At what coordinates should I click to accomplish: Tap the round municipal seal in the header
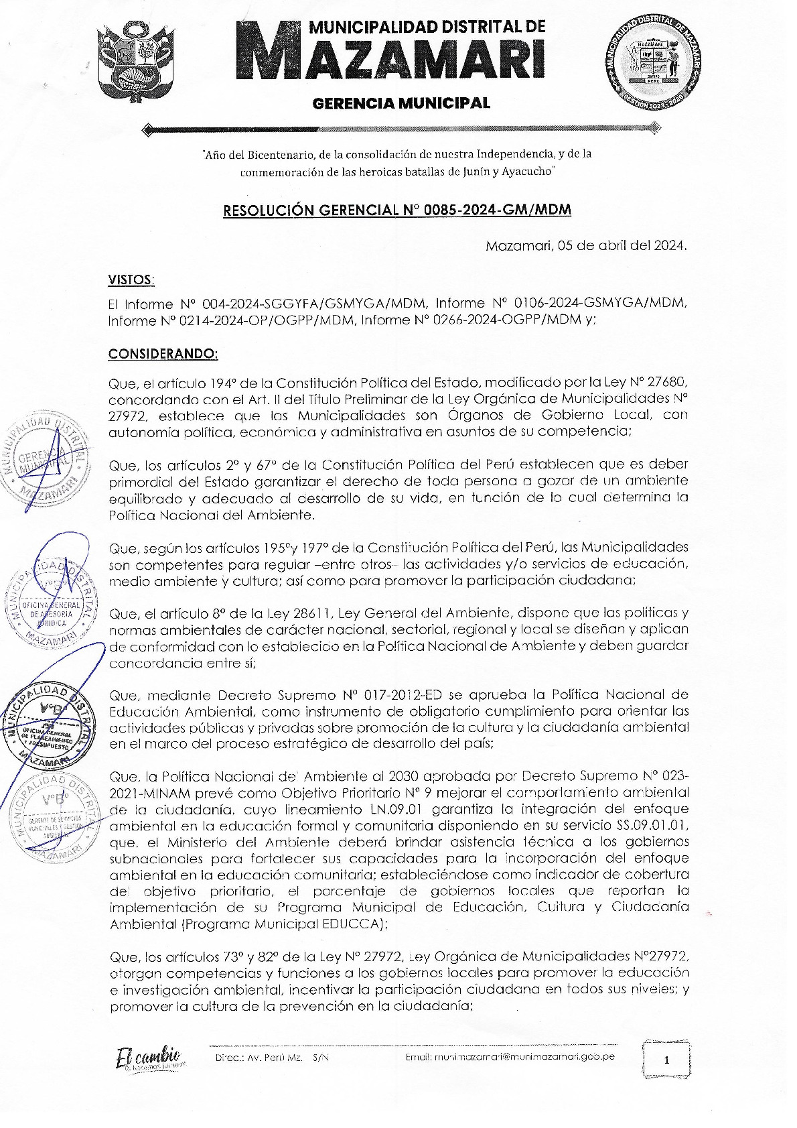pos(654,66)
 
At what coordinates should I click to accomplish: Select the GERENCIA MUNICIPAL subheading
pos(401,103)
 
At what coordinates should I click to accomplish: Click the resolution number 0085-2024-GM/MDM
pos(499,210)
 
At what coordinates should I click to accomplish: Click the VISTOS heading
pos(131,279)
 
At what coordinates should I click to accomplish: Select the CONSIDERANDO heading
pos(163,354)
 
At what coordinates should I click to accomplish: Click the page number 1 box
pos(666,1060)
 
